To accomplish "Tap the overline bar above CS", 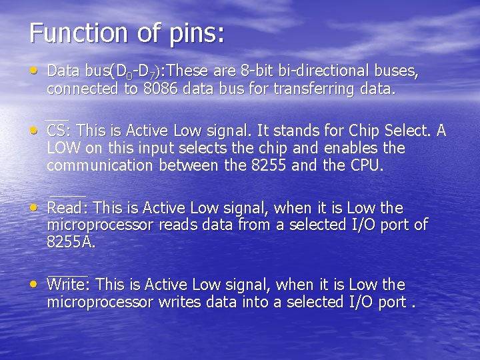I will click(x=56, y=119).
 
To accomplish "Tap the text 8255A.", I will click(x=71, y=242).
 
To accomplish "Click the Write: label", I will click(x=69, y=285).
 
